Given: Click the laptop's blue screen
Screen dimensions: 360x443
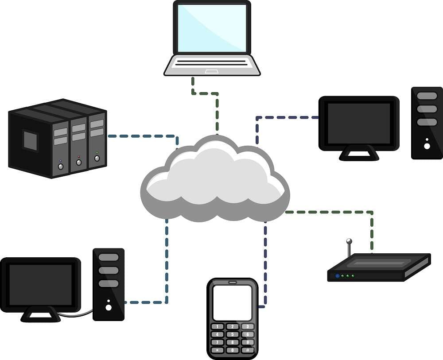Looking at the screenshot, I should [x=212, y=28].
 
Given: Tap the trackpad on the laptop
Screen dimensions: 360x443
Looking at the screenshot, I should [x=211, y=71].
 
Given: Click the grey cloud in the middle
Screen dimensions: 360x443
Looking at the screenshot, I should [x=215, y=182].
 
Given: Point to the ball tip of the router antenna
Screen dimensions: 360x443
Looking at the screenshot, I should [x=349, y=241].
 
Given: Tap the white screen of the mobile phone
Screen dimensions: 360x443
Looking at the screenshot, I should [x=232, y=302].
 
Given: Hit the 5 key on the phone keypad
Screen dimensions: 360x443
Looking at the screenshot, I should [x=232, y=334].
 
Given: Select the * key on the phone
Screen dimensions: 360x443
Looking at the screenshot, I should [x=217, y=350].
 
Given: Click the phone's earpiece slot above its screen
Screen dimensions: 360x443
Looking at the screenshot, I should [x=232, y=282].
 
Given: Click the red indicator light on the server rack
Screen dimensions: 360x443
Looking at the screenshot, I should [x=79, y=157].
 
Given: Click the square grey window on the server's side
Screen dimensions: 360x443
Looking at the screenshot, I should [x=30, y=140].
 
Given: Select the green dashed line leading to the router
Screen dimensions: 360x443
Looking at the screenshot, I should [x=332, y=212].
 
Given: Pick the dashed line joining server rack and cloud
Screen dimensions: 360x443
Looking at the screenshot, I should [x=142, y=136].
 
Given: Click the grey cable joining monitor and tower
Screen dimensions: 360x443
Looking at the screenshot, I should [x=75, y=315].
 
